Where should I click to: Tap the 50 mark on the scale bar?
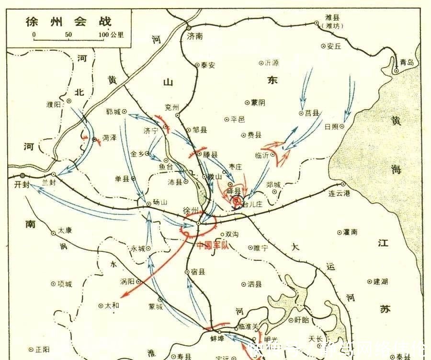point(68,35)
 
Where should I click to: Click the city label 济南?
point(195,36)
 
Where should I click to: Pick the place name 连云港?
point(340,194)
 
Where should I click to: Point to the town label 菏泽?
point(109,137)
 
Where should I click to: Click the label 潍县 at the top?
point(333,18)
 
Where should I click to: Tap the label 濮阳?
point(54,105)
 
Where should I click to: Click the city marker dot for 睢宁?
point(250,247)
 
